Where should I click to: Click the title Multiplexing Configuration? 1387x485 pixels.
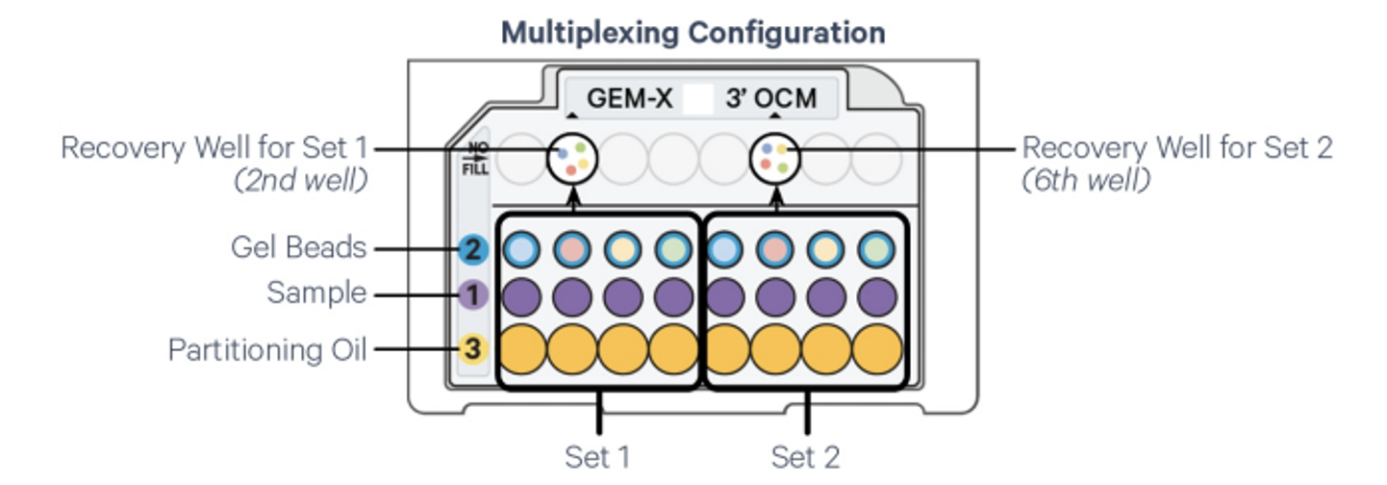pyautogui.click(x=693, y=32)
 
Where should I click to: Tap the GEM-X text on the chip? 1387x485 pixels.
pyautogui.click(x=629, y=98)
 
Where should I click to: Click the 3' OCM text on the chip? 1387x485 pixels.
pyautogui.click(x=770, y=98)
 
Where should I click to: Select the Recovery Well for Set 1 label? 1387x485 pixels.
pyautogui.click(x=214, y=148)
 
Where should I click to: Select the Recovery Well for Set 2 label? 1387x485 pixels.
pyautogui.click(x=1176, y=148)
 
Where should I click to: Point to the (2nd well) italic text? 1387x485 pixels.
pyautogui.click(x=300, y=180)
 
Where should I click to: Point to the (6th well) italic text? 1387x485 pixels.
pyautogui.click(x=1085, y=180)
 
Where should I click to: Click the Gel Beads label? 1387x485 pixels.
pyautogui.click(x=298, y=248)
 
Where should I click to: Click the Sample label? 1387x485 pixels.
pyautogui.click(x=316, y=293)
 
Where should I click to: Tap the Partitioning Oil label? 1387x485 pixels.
pyautogui.click(x=267, y=349)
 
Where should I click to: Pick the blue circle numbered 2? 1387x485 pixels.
pyautogui.click(x=471, y=250)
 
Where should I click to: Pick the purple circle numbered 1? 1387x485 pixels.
pyautogui.click(x=471, y=294)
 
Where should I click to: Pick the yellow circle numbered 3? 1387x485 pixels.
pyautogui.click(x=471, y=349)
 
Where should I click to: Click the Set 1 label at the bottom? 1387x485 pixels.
pyautogui.click(x=597, y=456)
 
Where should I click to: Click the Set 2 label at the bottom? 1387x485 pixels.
pyautogui.click(x=805, y=456)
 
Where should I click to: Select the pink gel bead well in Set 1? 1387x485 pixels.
pyautogui.click(x=571, y=249)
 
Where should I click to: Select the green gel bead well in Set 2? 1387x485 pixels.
pyautogui.click(x=875, y=249)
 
